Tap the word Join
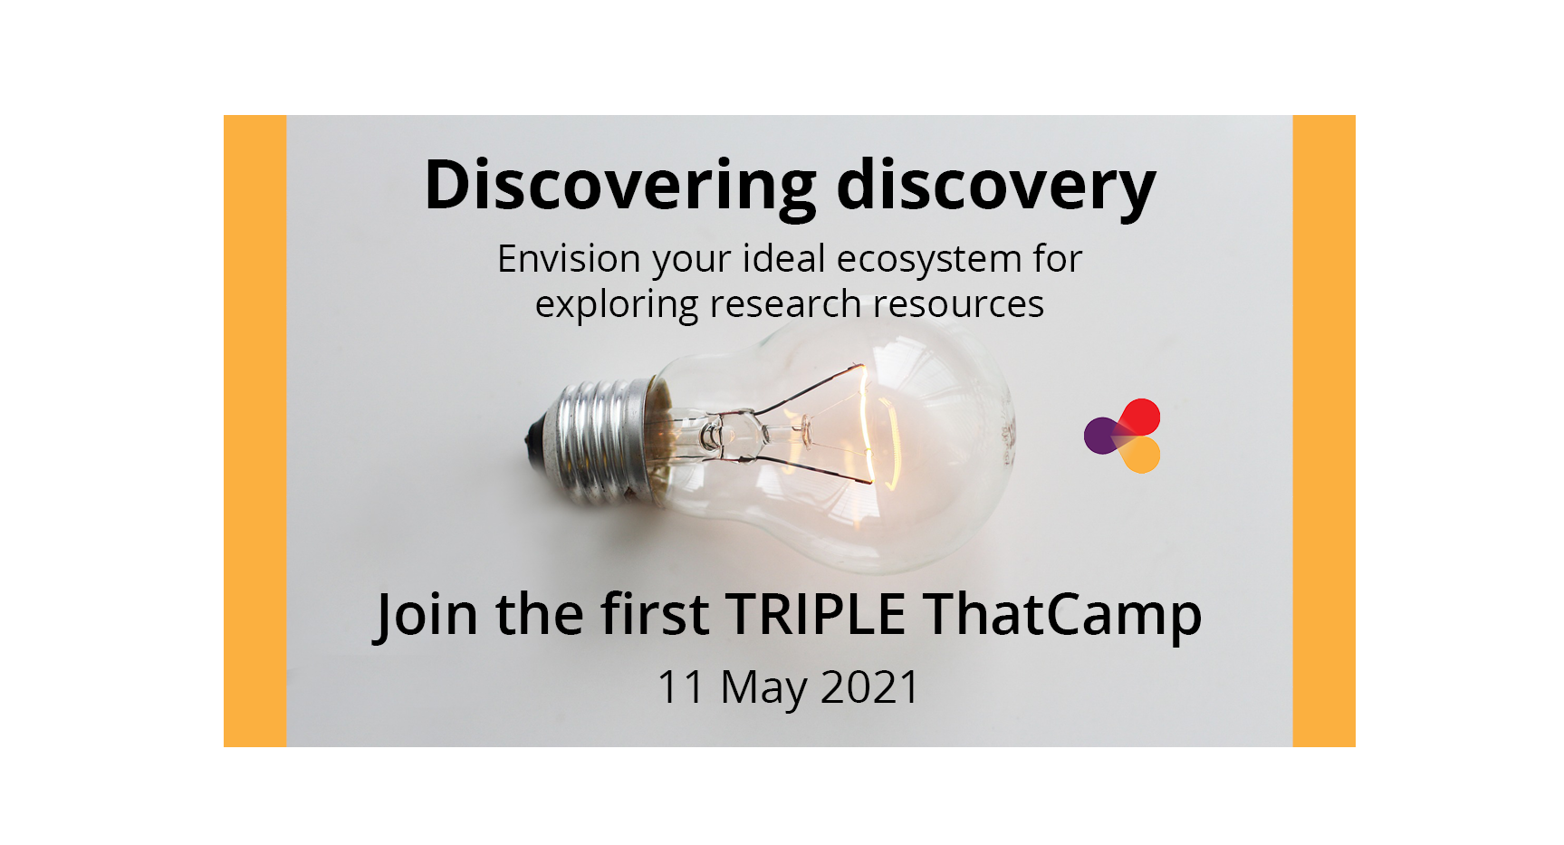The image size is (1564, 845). click(x=427, y=616)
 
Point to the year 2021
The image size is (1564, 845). click(x=870, y=687)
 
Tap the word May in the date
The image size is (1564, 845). click(x=763, y=689)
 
